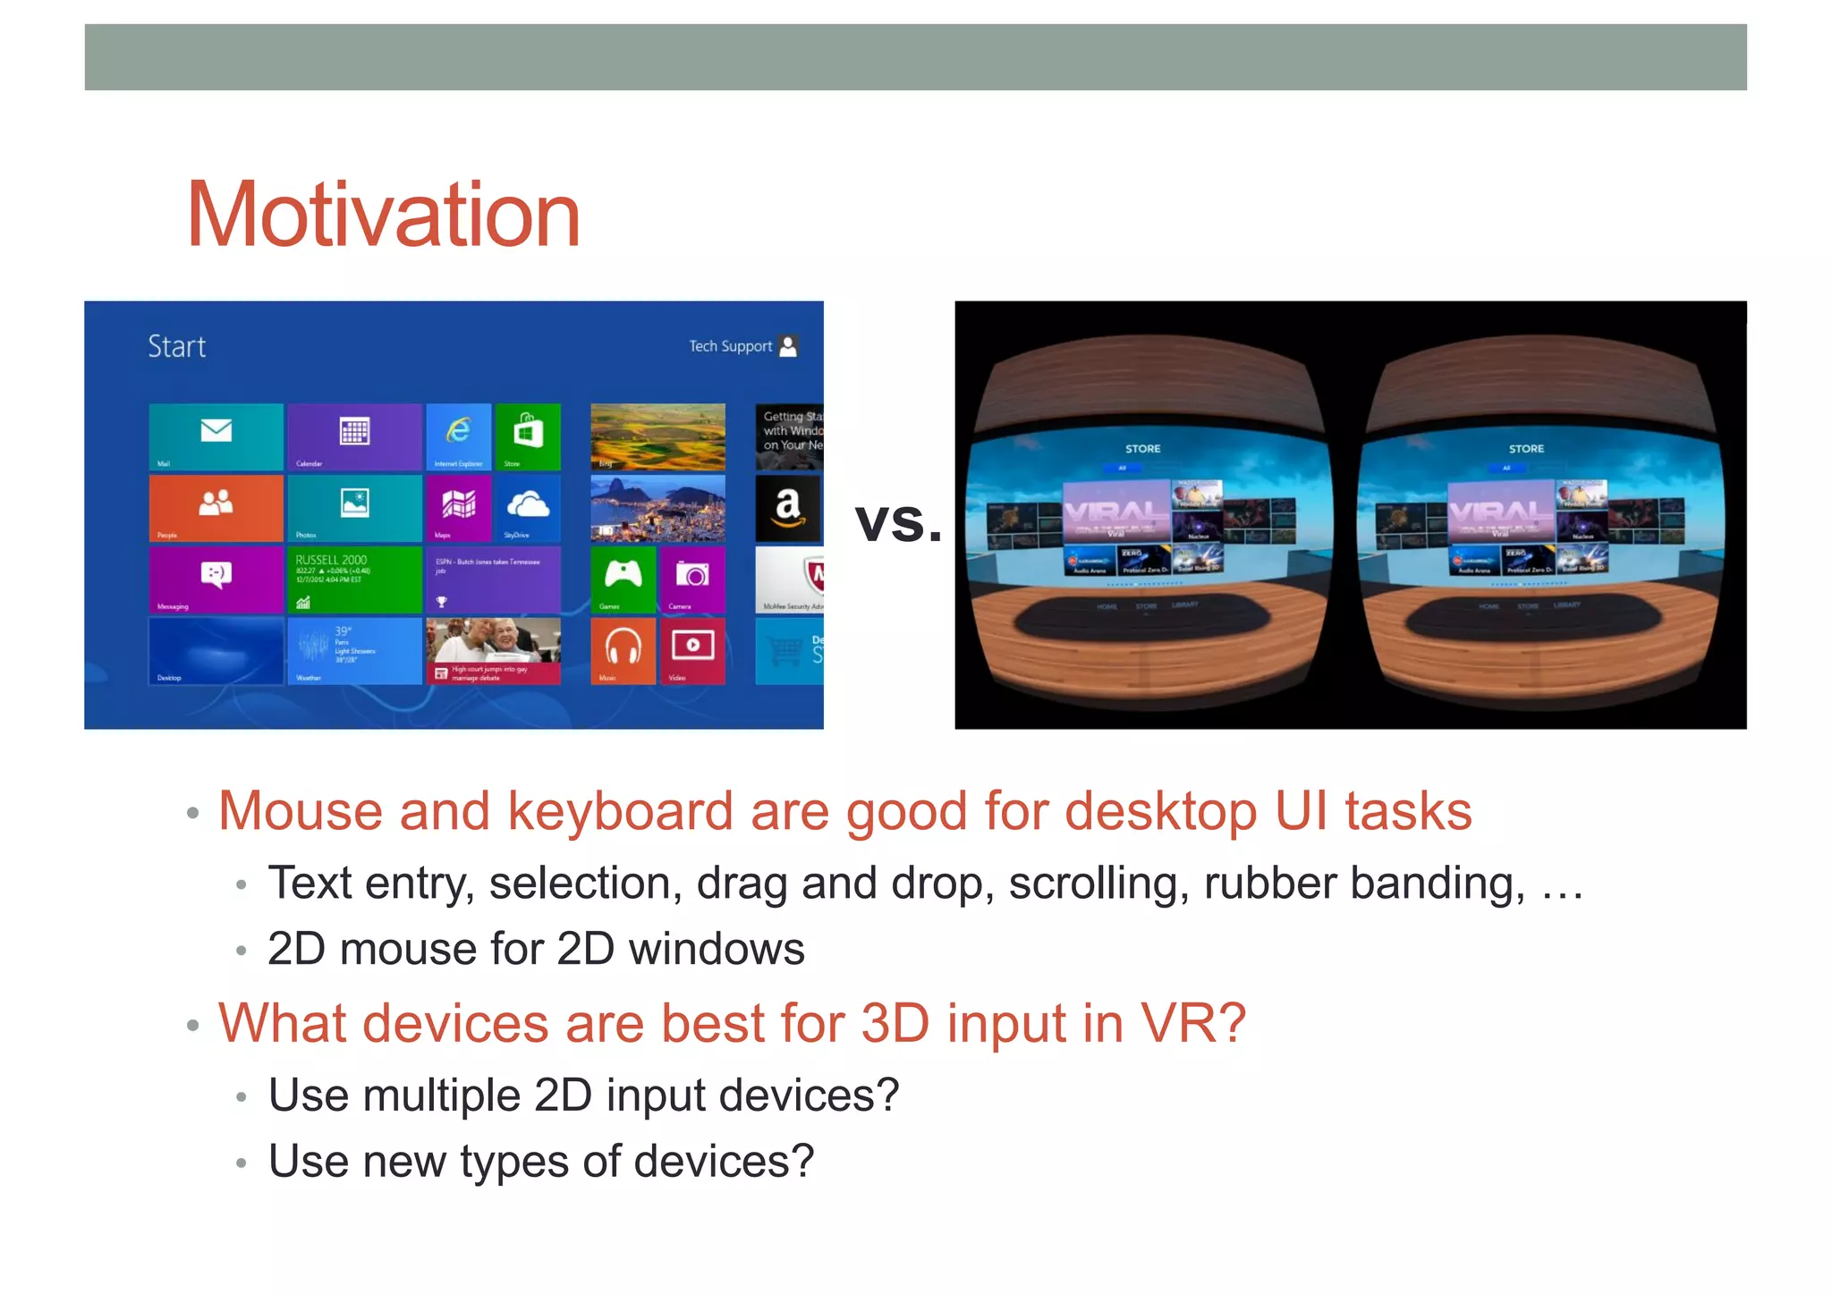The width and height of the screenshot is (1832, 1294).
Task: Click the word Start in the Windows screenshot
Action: pyautogui.click(x=176, y=347)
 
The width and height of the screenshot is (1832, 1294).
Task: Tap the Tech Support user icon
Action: pyautogui.click(x=788, y=346)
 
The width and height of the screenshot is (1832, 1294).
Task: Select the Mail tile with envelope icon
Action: pyautogui.click(x=216, y=436)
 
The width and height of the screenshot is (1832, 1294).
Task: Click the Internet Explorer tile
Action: pyautogui.click(x=458, y=436)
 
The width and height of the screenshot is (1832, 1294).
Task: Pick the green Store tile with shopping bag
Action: pyautogui.click(x=528, y=436)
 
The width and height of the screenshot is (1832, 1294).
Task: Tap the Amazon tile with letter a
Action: pyautogui.click(x=787, y=508)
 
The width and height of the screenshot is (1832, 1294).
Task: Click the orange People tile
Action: pyautogui.click(x=216, y=507)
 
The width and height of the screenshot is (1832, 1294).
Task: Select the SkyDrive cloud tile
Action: pyautogui.click(x=528, y=507)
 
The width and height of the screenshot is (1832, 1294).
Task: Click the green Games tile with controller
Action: pyautogui.click(x=623, y=579)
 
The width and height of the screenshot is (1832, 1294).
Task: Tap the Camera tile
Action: pyautogui.click(x=692, y=579)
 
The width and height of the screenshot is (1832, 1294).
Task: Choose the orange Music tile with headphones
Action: pyautogui.click(x=623, y=650)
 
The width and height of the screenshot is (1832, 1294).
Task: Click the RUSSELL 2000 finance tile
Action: pyautogui.click(x=354, y=579)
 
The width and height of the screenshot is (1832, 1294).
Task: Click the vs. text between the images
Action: pyautogui.click(x=897, y=521)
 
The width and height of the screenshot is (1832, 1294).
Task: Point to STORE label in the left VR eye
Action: pyautogui.click(x=1142, y=449)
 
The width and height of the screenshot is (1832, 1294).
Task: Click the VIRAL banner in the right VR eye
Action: pyautogui.click(x=1500, y=512)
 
